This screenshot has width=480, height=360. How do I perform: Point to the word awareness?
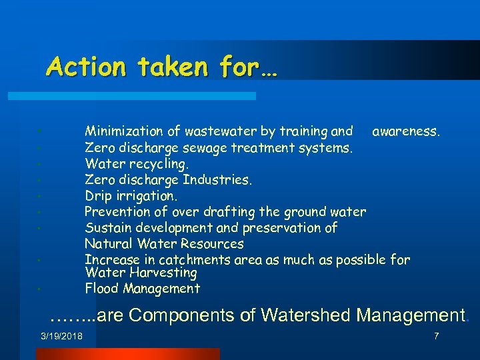coord(406,132)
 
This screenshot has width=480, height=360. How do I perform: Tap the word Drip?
coord(98,196)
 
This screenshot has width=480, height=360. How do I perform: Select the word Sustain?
coord(108,228)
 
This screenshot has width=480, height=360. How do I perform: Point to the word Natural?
coord(109,244)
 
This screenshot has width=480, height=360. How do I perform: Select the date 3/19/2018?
coord(61,336)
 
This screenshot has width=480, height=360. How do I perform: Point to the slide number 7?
coord(436,336)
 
